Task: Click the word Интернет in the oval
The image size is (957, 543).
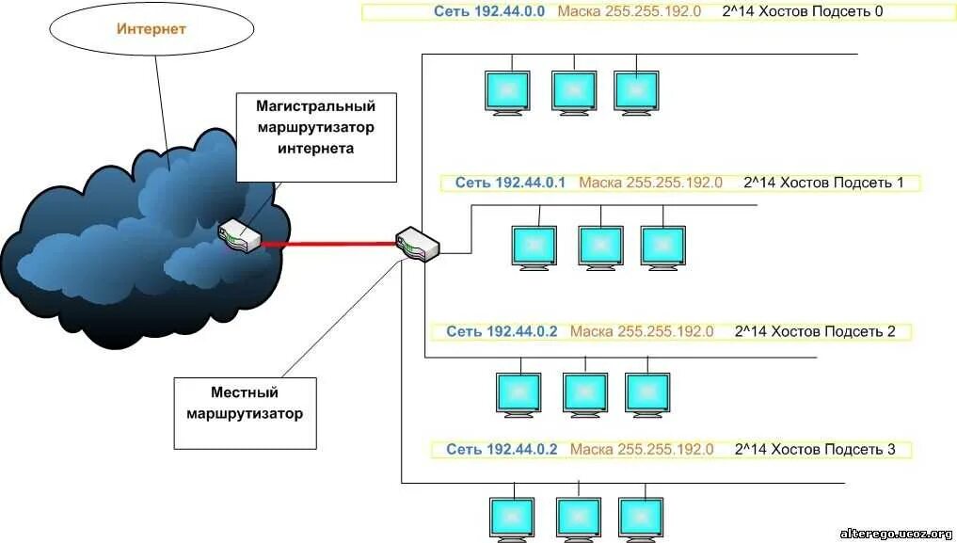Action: [152, 29]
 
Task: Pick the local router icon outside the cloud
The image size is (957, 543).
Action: [417, 244]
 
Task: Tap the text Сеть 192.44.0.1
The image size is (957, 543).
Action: [510, 183]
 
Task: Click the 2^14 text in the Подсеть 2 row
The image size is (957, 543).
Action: [750, 331]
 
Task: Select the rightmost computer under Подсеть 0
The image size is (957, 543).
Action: [636, 91]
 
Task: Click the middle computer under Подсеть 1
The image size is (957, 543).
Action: [601, 247]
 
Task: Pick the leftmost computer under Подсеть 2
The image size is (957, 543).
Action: [519, 393]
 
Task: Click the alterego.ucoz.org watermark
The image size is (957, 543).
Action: [895, 534]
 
